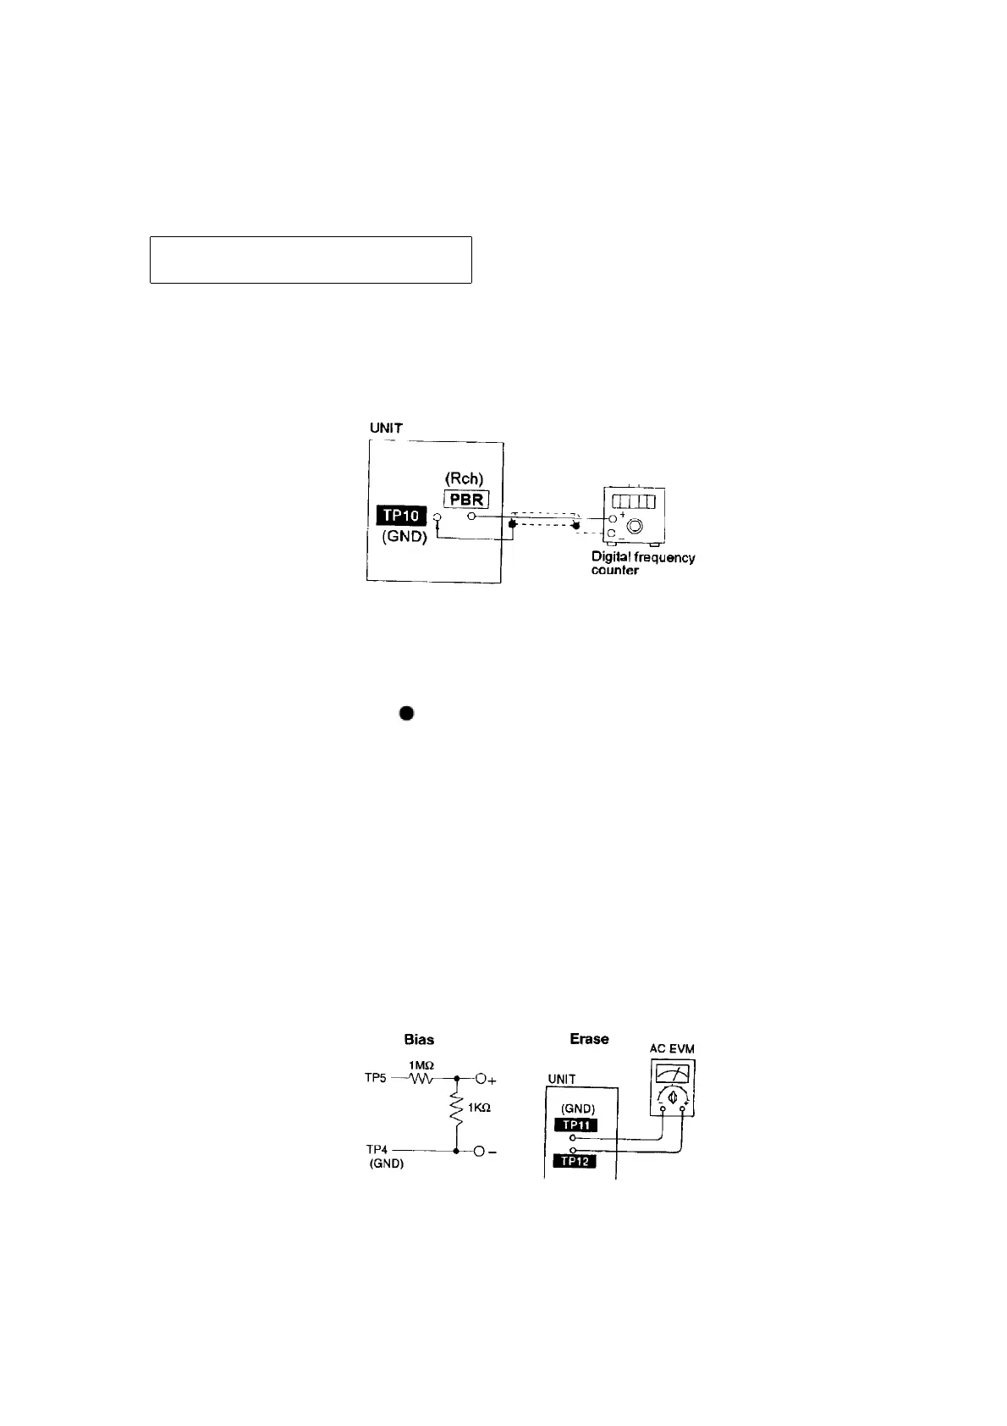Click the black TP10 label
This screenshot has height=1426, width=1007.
click(x=403, y=516)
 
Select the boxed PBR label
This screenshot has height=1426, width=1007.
click(x=466, y=499)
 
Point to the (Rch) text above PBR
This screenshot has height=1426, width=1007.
click(x=465, y=479)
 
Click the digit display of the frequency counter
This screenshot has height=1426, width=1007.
click(x=633, y=500)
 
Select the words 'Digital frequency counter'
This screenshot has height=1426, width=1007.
click(x=642, y=563)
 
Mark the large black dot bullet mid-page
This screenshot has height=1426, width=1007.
click(x=406, y=714)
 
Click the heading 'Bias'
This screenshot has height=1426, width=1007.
click(x=420, y=1040)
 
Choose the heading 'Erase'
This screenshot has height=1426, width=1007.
click(x=589, y=1039)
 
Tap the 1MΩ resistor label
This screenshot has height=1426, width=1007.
click(x=420, y=1065)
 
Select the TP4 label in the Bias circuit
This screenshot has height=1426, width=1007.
click(x=377, y=1150)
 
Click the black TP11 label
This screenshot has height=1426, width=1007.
click(x=575, y=1125)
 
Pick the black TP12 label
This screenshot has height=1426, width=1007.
click(x=575, y=1161)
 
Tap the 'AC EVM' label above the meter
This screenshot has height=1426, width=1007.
click(x=672, y=1049)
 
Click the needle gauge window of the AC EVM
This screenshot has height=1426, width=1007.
click(x=673, y=1074)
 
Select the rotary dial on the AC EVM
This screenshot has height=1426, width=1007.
click(x=673, y=1097)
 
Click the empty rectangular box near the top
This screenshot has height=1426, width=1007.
click(x=311, y=260)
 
